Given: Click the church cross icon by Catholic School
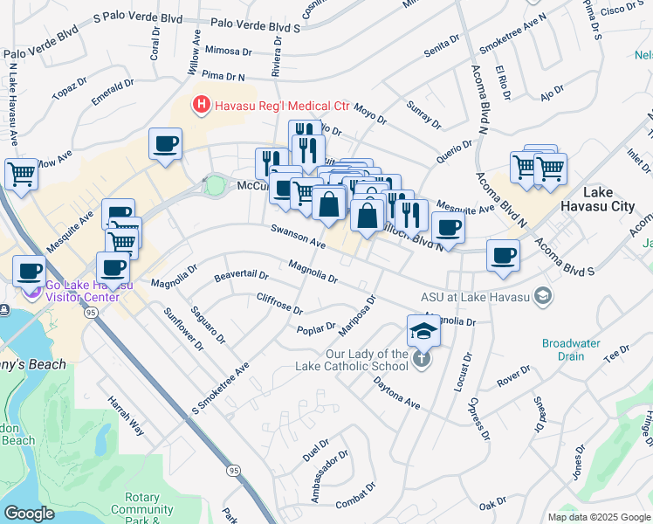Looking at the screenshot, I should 422,359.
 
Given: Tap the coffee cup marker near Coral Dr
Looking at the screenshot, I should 164,144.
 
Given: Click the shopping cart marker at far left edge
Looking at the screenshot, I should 21,173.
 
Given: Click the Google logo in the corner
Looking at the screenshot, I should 29,514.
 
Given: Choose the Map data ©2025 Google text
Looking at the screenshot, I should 599,517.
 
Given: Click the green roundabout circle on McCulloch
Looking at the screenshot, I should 214,185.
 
